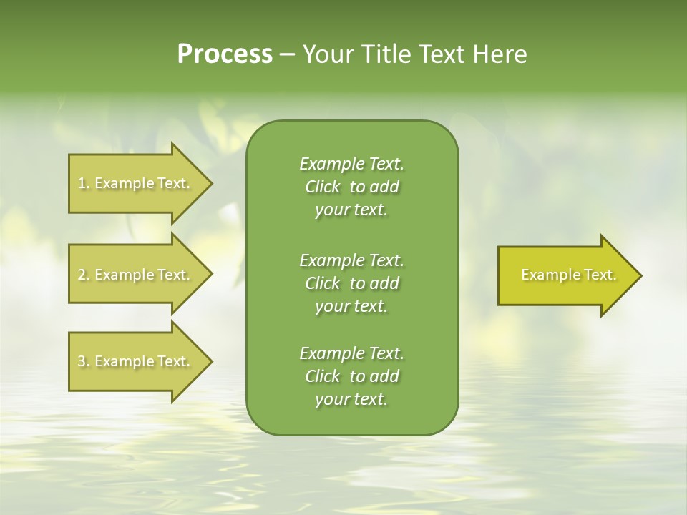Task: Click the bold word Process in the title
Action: [x=224, y=54]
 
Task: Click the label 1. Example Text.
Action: [x=134, y=183]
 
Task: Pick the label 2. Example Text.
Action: [x=134, y=275]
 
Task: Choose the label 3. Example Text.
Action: [x=134, y=361]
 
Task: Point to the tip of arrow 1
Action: [x=211, y=183]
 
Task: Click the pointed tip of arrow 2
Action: [x=211, y=275]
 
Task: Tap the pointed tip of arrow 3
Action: [x=211, y=361]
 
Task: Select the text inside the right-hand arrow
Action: [x=568, y=275]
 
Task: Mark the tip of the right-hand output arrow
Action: [x=640, y=275]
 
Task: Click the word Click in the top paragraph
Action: [x=322, y=187]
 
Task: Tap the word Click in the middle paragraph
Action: [x=322, y=283]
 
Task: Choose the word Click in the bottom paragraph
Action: [x=322, y=376]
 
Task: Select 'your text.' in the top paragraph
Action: [x=351, y=210]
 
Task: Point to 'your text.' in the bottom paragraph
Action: [x=351, y=400]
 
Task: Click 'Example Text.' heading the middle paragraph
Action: [x=351, y=260]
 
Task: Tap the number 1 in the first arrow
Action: [x=81, y=183]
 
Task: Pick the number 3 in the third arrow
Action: [x=81, y=361]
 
